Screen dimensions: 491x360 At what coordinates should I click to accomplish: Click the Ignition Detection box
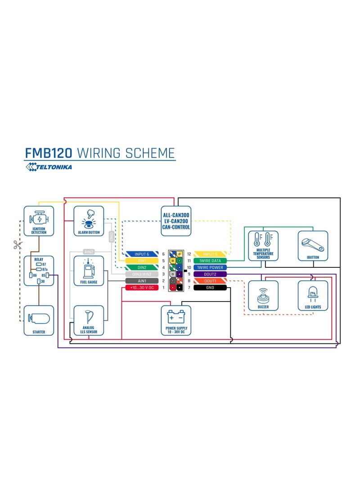click(x=39, y=221)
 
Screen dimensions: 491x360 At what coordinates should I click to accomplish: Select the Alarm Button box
click(x=89, y=221)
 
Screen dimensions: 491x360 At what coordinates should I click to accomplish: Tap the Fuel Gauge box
click(x=89, y=271)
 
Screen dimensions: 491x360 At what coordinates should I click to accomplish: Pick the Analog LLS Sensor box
click(x=89, y=320)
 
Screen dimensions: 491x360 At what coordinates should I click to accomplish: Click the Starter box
click(x=39, y=320)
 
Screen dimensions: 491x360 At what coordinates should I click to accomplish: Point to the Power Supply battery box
click(x=176, y=320)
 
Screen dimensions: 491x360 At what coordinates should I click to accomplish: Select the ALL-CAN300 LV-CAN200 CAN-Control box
click(x=176, y=221)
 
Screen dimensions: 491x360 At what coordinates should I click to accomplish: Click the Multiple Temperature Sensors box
click(x=263, y=246)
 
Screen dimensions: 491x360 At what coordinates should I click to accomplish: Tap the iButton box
click(x=313, y=246)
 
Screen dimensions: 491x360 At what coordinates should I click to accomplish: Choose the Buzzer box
click(x=263, y=296)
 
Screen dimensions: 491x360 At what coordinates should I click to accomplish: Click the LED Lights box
click(x=313, y=296)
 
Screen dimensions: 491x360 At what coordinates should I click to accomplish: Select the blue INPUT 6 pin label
click(x=142, y=254)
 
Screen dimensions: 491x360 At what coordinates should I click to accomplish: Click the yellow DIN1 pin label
click(x=142, y=261)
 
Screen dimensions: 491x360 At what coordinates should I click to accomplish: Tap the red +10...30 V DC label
click(x=142, y=287)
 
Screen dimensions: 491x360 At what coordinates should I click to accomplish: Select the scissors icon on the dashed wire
click(x=18, y=245)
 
